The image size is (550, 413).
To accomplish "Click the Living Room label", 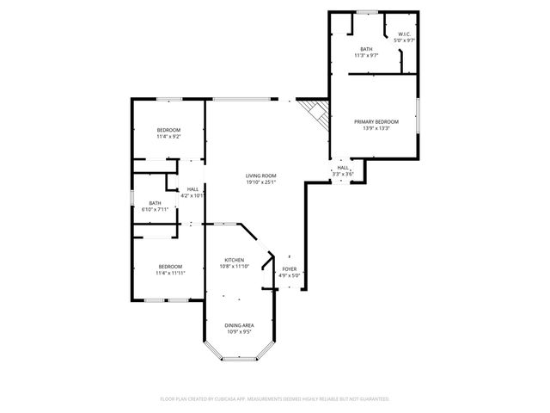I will pyautogui.click(x=260, y=176).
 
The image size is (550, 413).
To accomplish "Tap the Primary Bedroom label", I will pyautogui.click(x=376, y=122).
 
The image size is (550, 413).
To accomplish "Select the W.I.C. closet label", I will pyautogui.click(x=404, y=34).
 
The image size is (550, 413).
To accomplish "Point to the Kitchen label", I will pyautogui.click(x=235, y=260).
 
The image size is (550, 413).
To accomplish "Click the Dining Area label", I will pyautogui.click(x=240, y=325).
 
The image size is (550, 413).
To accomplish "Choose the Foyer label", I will pyautogui.click(x=290, y=269).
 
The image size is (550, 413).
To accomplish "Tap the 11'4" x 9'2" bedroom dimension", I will pyautogui.click(x=168, y=136).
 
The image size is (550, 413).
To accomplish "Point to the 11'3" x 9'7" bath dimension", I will pyautogui.click(x=367, y=55).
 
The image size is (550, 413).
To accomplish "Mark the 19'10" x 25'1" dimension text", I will pyautogui.click(x=260, y=182).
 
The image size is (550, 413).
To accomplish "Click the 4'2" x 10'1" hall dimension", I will pyautogui.click(x=192, y=195).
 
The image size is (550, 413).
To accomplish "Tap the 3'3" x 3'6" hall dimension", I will pyautogui.click(x=343, y=175).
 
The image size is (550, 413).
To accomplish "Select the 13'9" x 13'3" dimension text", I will pyautogui.click(x=376, y=129).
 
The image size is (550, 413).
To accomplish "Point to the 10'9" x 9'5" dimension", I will pyautogui.click(x=240, y=331).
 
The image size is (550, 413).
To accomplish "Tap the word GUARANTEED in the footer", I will pyautogui.click(x=372, y=399).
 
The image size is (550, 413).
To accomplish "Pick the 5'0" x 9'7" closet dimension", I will pyautogui.click(x=404, y=40).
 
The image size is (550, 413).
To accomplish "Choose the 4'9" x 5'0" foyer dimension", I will pyautogui.click(x=290, y=276).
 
